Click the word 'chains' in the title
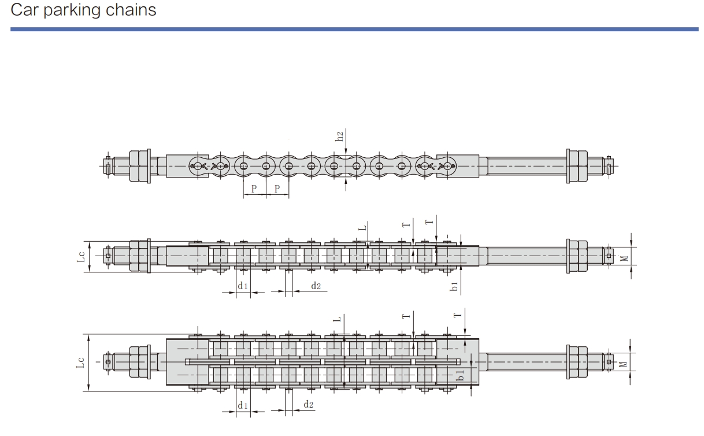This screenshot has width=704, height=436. [131, 10]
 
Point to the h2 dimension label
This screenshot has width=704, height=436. [339, 136]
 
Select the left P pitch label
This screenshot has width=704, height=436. [254, 189]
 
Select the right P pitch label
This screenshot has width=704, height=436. [277, 189]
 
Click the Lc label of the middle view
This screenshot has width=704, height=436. [81, 257]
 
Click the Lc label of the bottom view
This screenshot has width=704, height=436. [80, 363]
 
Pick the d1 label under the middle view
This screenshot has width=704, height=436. [243, 286]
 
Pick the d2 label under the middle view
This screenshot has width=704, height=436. [316, 286]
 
